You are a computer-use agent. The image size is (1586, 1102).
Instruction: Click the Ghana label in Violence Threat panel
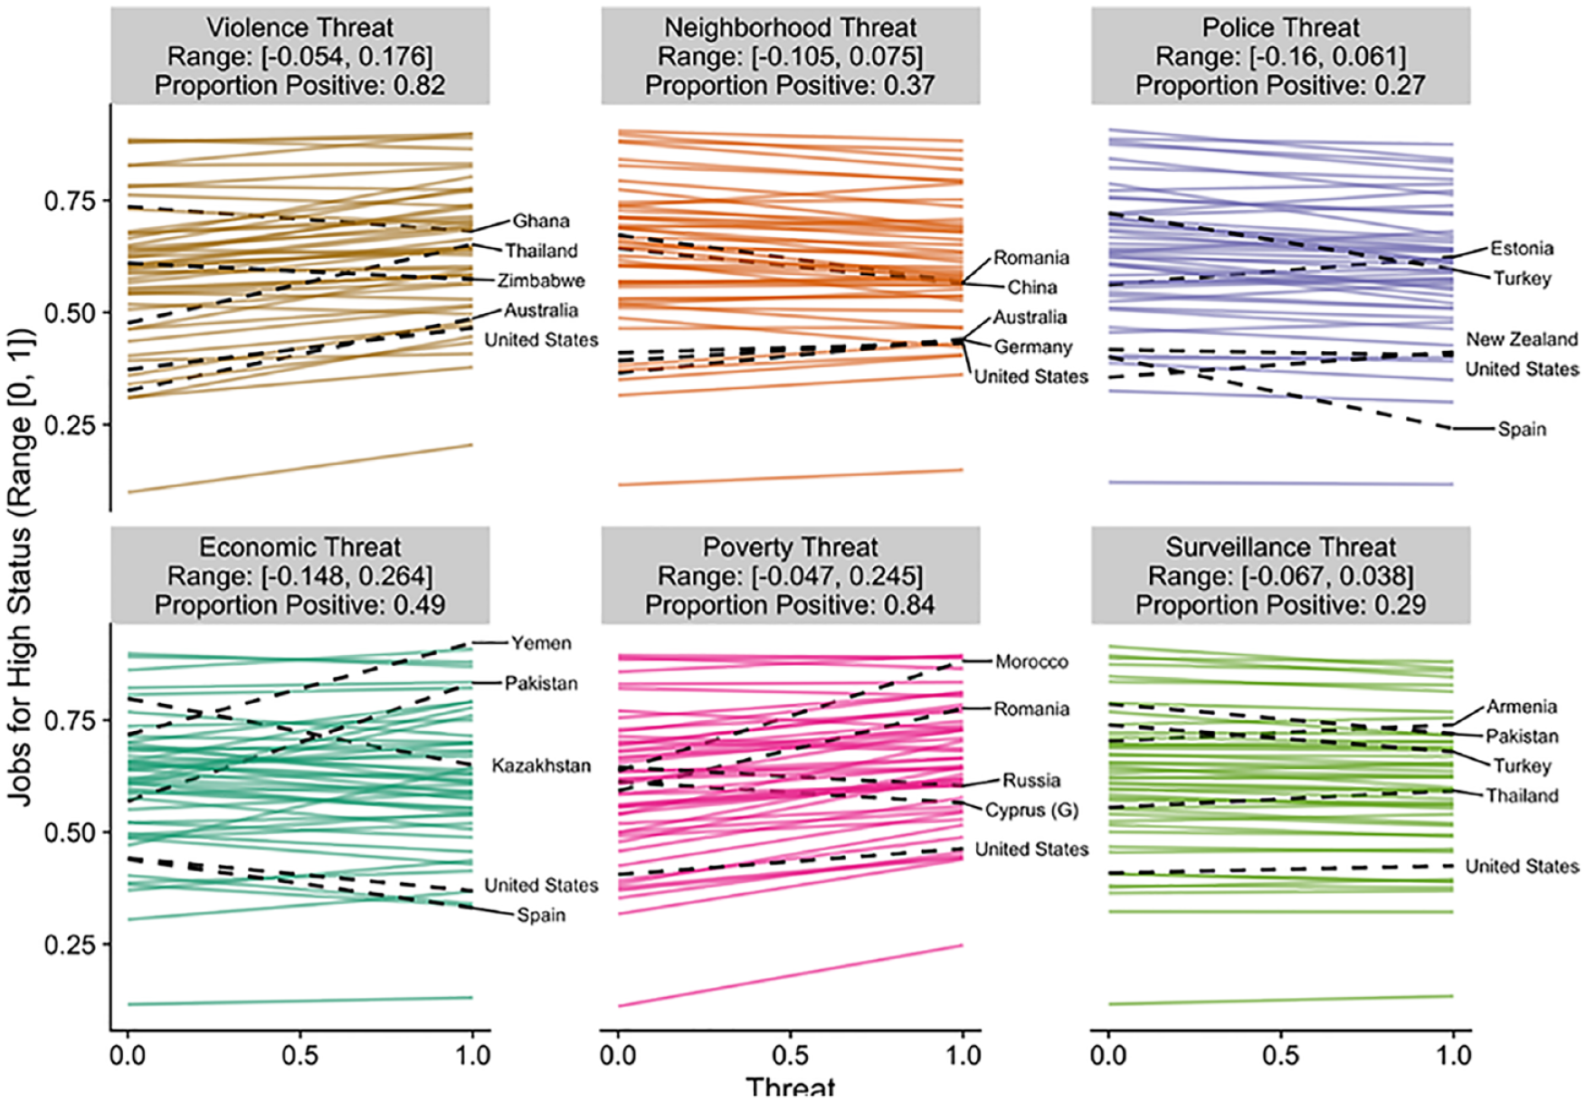pos(541,221)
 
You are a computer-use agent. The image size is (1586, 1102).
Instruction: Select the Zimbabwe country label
pos(541,280)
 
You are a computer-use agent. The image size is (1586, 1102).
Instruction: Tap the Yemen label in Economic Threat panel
pos(541,643)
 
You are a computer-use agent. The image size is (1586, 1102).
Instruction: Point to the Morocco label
pos(1031,661)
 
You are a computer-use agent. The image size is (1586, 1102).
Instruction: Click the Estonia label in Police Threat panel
pos(1522,248)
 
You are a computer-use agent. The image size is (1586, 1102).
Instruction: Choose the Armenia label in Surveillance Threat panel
pos(1522,707)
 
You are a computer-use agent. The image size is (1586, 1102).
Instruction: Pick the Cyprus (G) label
pos(1031,810)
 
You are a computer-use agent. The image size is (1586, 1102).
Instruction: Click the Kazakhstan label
pos(541,765)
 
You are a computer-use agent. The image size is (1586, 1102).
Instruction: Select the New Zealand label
pos(1522,339)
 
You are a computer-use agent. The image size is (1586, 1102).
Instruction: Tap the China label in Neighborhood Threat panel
pos(1032,287)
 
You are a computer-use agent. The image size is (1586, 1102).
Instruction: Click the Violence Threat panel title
pos(300,27)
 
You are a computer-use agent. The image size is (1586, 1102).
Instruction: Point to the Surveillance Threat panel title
pos(1280,546)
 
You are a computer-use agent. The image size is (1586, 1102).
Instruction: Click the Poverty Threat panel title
pos(790,546)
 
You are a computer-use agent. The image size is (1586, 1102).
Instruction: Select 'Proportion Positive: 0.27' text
pos(1280,85)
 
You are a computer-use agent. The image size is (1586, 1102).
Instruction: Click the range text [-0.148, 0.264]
pos(347,575)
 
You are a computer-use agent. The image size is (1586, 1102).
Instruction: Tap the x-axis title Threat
pos(790,1087)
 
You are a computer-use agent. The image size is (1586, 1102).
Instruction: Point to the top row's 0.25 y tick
pos(70,424)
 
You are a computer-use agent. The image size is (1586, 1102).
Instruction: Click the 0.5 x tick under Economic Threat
pos(299,1055)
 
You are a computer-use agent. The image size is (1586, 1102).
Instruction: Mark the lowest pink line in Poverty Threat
pos(790,975)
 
